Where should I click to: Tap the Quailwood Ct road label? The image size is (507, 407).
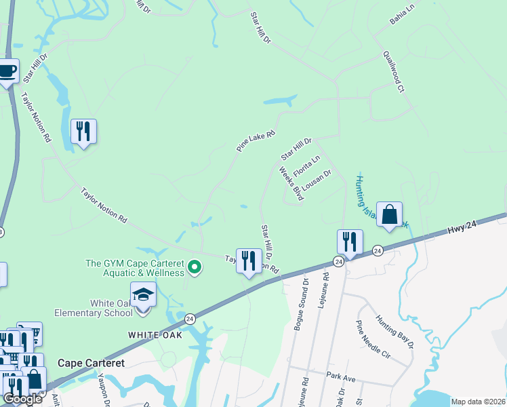click(393, 71)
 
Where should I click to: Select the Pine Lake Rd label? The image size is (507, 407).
click(256, 141)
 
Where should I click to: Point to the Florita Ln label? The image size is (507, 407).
click(306, 167)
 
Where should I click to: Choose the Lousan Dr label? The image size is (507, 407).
click(316, 182)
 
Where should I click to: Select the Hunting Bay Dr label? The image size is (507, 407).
click(394, 332)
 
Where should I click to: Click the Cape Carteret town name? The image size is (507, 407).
click(91, 363)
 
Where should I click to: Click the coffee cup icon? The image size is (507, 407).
click(7, 71)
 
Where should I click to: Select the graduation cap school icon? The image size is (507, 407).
click(143, 294)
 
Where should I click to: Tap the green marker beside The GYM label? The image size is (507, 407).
click(195, 267)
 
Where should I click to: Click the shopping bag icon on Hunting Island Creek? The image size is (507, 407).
click(389, 214)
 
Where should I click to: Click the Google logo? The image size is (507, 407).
click(22, 399)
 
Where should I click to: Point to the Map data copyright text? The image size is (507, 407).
click(478, 402)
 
